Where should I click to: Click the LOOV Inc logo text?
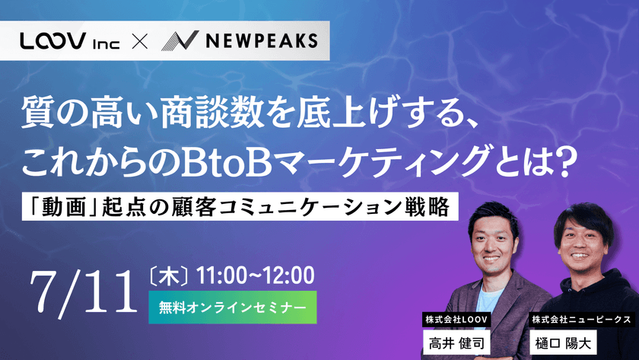tap(79, 42)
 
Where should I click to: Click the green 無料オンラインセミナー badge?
tap(233, 306)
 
